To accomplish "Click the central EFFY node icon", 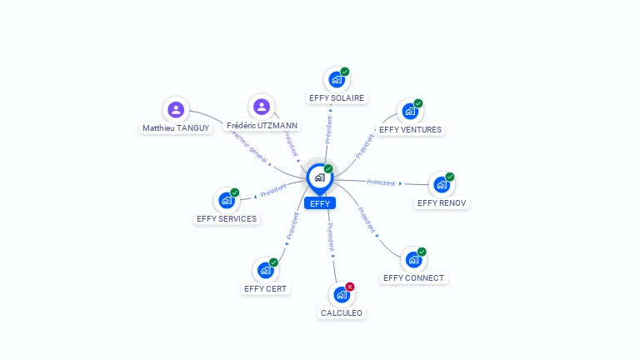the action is pos(319,177).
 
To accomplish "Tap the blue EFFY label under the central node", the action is pos(319,203).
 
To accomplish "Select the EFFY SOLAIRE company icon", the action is pos(336,80).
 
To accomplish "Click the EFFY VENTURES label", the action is pos(410,129).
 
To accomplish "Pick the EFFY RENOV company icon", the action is pos(441,184).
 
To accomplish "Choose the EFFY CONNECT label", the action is pos(413,277).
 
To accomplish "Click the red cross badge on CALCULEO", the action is pos(350,287).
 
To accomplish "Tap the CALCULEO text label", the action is pos(342,312).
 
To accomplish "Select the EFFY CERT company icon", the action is pos(265,270).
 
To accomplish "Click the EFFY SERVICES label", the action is pos(227,218).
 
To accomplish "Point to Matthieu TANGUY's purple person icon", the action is pos(176,109).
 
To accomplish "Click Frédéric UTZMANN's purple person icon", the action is pos(262,107).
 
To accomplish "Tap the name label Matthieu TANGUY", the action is pos(176,127).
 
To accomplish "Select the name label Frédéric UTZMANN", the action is pos(262,125).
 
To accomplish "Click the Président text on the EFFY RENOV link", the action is pos(381,182).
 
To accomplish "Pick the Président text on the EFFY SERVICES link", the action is pos(273,191).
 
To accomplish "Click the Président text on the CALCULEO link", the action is pos(331,237).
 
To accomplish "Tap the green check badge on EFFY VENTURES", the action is pos(418,103).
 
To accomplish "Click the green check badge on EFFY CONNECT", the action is pos(422,252).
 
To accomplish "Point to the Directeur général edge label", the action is pos(247,147).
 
